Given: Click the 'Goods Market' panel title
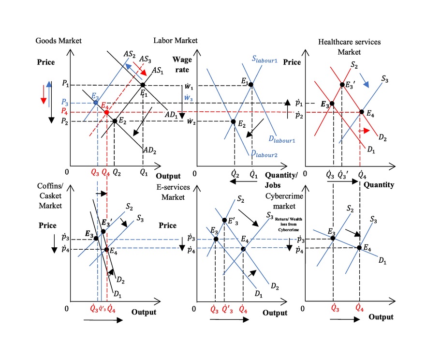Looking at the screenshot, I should pyautogui.click(x=59, y=41).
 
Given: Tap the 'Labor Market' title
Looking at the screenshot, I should pyautogui.click(x=175, y=41).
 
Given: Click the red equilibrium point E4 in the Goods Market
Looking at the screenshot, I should pyautogui.click(x=106, y=112).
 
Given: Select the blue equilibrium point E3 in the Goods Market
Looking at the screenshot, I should pyautogui.click(x=96, y=103).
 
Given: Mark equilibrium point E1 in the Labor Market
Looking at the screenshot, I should pyautogui.click(x=250, y=85).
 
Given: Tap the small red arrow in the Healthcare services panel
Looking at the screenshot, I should pyautogui.click(x=365, y=131).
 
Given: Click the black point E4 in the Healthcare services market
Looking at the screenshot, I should pyautogui.click(x=362, y=112).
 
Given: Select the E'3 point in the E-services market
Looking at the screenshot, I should pyautogui.click(x=224, y=221).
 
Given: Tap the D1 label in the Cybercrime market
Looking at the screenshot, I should pyautogui.click(x=382, y=261).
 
